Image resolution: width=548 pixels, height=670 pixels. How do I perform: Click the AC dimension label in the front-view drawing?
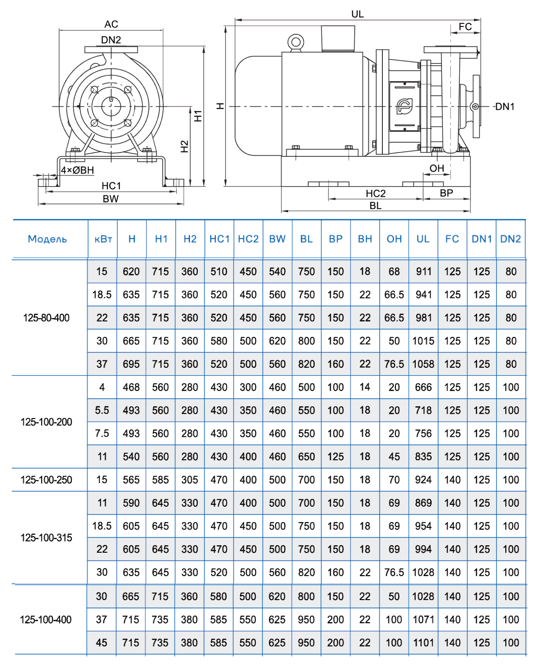[x=111, y=24]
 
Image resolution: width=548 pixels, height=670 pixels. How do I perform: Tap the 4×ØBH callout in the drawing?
[x=77, y=170]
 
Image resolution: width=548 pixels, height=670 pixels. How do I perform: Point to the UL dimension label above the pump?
[x=358, y=14]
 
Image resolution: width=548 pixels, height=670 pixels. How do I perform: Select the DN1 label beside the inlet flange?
[x=505, y=107]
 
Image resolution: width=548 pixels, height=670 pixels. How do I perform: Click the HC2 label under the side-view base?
[x=375, y=193]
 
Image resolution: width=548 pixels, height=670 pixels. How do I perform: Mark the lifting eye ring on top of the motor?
[x=296, y=42]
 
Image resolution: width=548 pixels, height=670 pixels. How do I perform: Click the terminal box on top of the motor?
[x=338, y=38]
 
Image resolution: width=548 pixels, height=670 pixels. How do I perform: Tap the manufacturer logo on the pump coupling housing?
[x=404, y=106]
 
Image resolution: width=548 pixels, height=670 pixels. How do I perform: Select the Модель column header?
[x=47, y=239]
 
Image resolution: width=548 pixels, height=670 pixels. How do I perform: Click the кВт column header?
[x=103, y=239]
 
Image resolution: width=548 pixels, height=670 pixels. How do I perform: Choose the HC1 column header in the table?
[x=219, y=239]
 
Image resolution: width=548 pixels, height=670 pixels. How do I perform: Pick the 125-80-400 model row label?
[x=46, y=318]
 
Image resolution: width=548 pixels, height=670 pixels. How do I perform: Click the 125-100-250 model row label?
[x=46, y=480]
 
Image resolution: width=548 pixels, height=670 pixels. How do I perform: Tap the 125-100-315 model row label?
[x=46, y=538]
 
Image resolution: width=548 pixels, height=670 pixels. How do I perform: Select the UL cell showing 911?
[x=423, y=272]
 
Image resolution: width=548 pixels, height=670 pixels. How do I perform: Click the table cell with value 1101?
[x=423, y=643]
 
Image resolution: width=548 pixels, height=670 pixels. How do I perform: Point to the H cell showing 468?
[x=131, y=387]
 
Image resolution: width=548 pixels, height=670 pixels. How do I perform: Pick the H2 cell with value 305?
[x=190, y=480]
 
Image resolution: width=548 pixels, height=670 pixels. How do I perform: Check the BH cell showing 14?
[x=365, y=387]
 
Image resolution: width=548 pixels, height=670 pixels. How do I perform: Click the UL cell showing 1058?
[x=423, y=364]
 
